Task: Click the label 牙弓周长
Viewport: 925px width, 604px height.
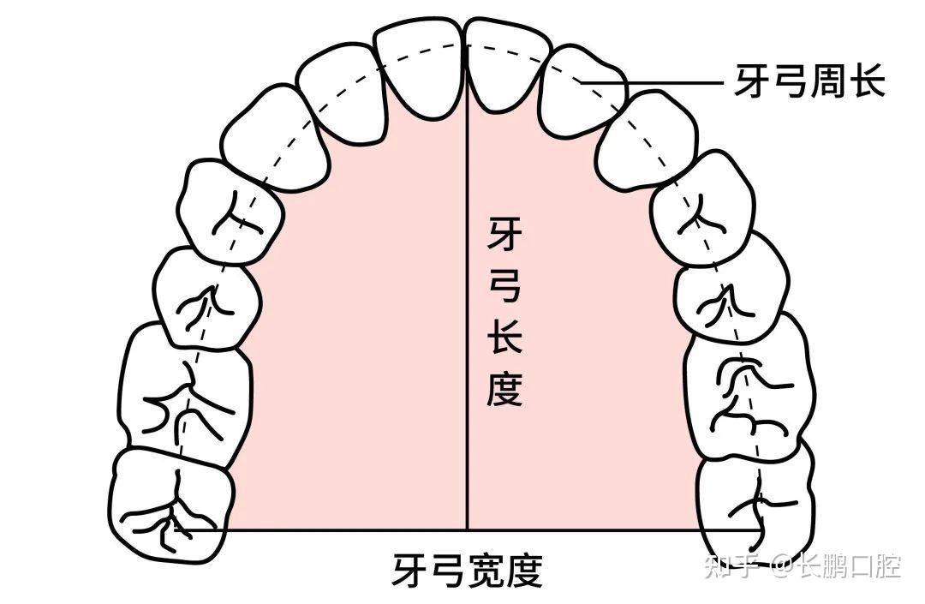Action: (809, 83)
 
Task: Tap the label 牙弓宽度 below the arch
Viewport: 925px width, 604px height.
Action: (468, 570)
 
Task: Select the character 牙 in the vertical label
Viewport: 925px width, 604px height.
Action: (504, 234)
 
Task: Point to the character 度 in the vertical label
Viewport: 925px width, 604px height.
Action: (504, 389)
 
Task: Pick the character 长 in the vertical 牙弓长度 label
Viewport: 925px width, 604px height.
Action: (504, 338)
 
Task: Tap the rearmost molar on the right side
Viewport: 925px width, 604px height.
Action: (754, 505)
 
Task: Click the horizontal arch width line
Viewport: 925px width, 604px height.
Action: (343, 529)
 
